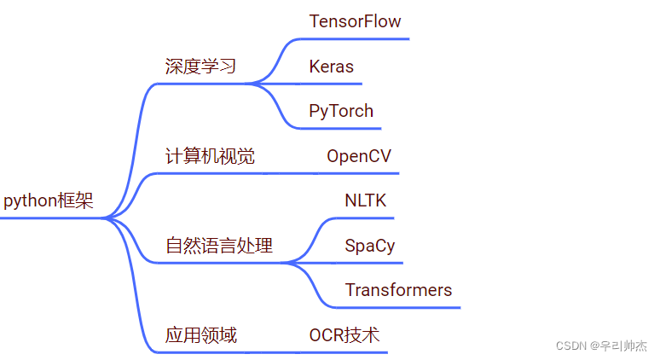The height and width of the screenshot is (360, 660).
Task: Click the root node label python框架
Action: coord(49,201)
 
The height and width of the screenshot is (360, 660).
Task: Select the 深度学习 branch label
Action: coord(200,67)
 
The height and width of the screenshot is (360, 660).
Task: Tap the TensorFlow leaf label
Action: coord(355,21)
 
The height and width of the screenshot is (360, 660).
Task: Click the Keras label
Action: coord(331,67)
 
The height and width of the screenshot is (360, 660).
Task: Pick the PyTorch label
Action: coord(341,111)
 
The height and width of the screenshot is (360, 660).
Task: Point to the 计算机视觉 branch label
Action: coord(210,156)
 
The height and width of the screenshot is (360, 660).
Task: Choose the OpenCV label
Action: coord(359,156)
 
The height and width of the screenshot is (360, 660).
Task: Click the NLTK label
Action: coord(365,201)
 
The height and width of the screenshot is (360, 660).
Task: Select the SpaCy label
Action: coord(369,246)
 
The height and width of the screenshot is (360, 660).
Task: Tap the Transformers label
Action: coord(398,290)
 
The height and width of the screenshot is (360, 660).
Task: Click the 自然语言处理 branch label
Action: coord(219,246)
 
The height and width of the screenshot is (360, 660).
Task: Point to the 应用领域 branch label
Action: coord(200,335)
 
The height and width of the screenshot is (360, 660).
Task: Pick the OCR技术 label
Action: coord(344,335)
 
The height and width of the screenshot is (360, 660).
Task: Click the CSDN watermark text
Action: coord(601,346)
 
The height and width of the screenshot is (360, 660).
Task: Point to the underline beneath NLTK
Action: coord(367,218)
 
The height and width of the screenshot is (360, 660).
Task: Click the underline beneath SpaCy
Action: coord(371,263)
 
